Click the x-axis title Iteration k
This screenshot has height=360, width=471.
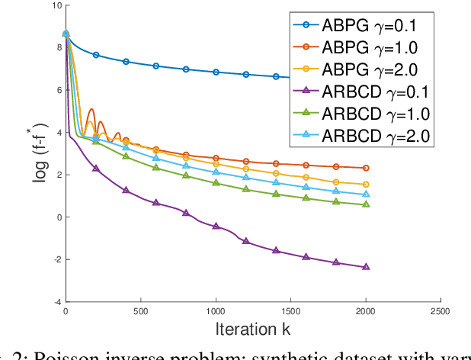point(252,329)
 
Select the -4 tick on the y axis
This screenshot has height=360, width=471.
point(57,302)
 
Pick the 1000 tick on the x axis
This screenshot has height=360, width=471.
point(216,311)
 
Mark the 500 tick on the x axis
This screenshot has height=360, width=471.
point(140,311)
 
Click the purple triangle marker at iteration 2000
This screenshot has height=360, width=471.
point(366,267)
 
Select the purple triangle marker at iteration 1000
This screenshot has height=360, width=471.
point(216,226)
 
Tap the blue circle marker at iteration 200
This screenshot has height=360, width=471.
point(95,55)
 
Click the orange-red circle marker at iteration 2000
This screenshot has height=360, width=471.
point(366,168)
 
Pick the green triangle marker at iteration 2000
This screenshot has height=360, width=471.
point(366,204)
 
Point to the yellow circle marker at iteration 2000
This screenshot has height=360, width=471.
point(366,185)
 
